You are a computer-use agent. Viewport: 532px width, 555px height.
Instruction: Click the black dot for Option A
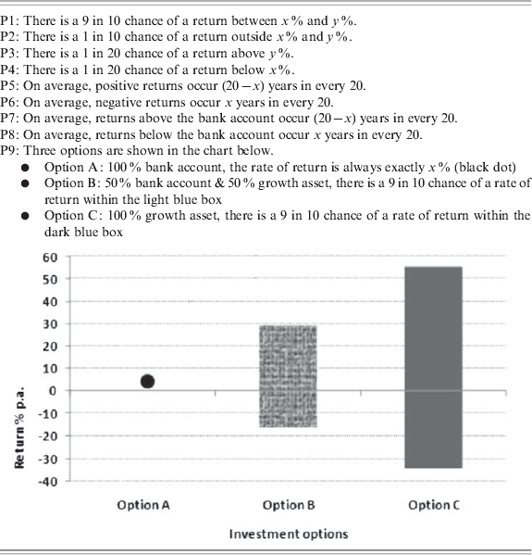(x=147, y=381)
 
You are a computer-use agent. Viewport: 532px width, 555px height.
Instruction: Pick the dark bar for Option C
(x=433, y=367)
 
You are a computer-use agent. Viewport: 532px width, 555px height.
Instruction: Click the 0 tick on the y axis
(x=54, y=391)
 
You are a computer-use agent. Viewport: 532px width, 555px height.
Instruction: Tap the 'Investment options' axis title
(x=289, y=534)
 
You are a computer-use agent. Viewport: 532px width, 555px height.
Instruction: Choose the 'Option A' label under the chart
(x=143, y=505)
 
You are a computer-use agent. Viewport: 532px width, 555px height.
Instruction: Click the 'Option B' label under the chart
(x=289, y=505)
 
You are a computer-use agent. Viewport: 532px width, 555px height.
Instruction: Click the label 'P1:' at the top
(x=13, y=9)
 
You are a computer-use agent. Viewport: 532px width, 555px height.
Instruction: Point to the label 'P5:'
(x=13, y=86)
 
